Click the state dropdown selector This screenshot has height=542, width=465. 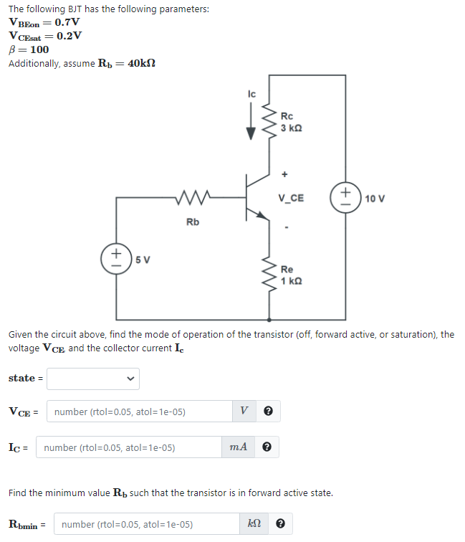93,379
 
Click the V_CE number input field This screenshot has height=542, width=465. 140,412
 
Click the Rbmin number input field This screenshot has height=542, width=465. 146,524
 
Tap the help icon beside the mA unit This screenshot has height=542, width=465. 267,447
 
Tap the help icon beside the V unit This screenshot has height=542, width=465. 268,412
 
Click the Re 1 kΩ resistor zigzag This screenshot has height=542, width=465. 269,275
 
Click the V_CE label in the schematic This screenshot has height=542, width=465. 291,198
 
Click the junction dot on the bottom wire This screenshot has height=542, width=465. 269,320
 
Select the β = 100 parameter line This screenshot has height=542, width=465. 29,49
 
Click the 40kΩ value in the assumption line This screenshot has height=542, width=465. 140,64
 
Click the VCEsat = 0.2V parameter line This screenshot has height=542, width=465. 45,36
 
